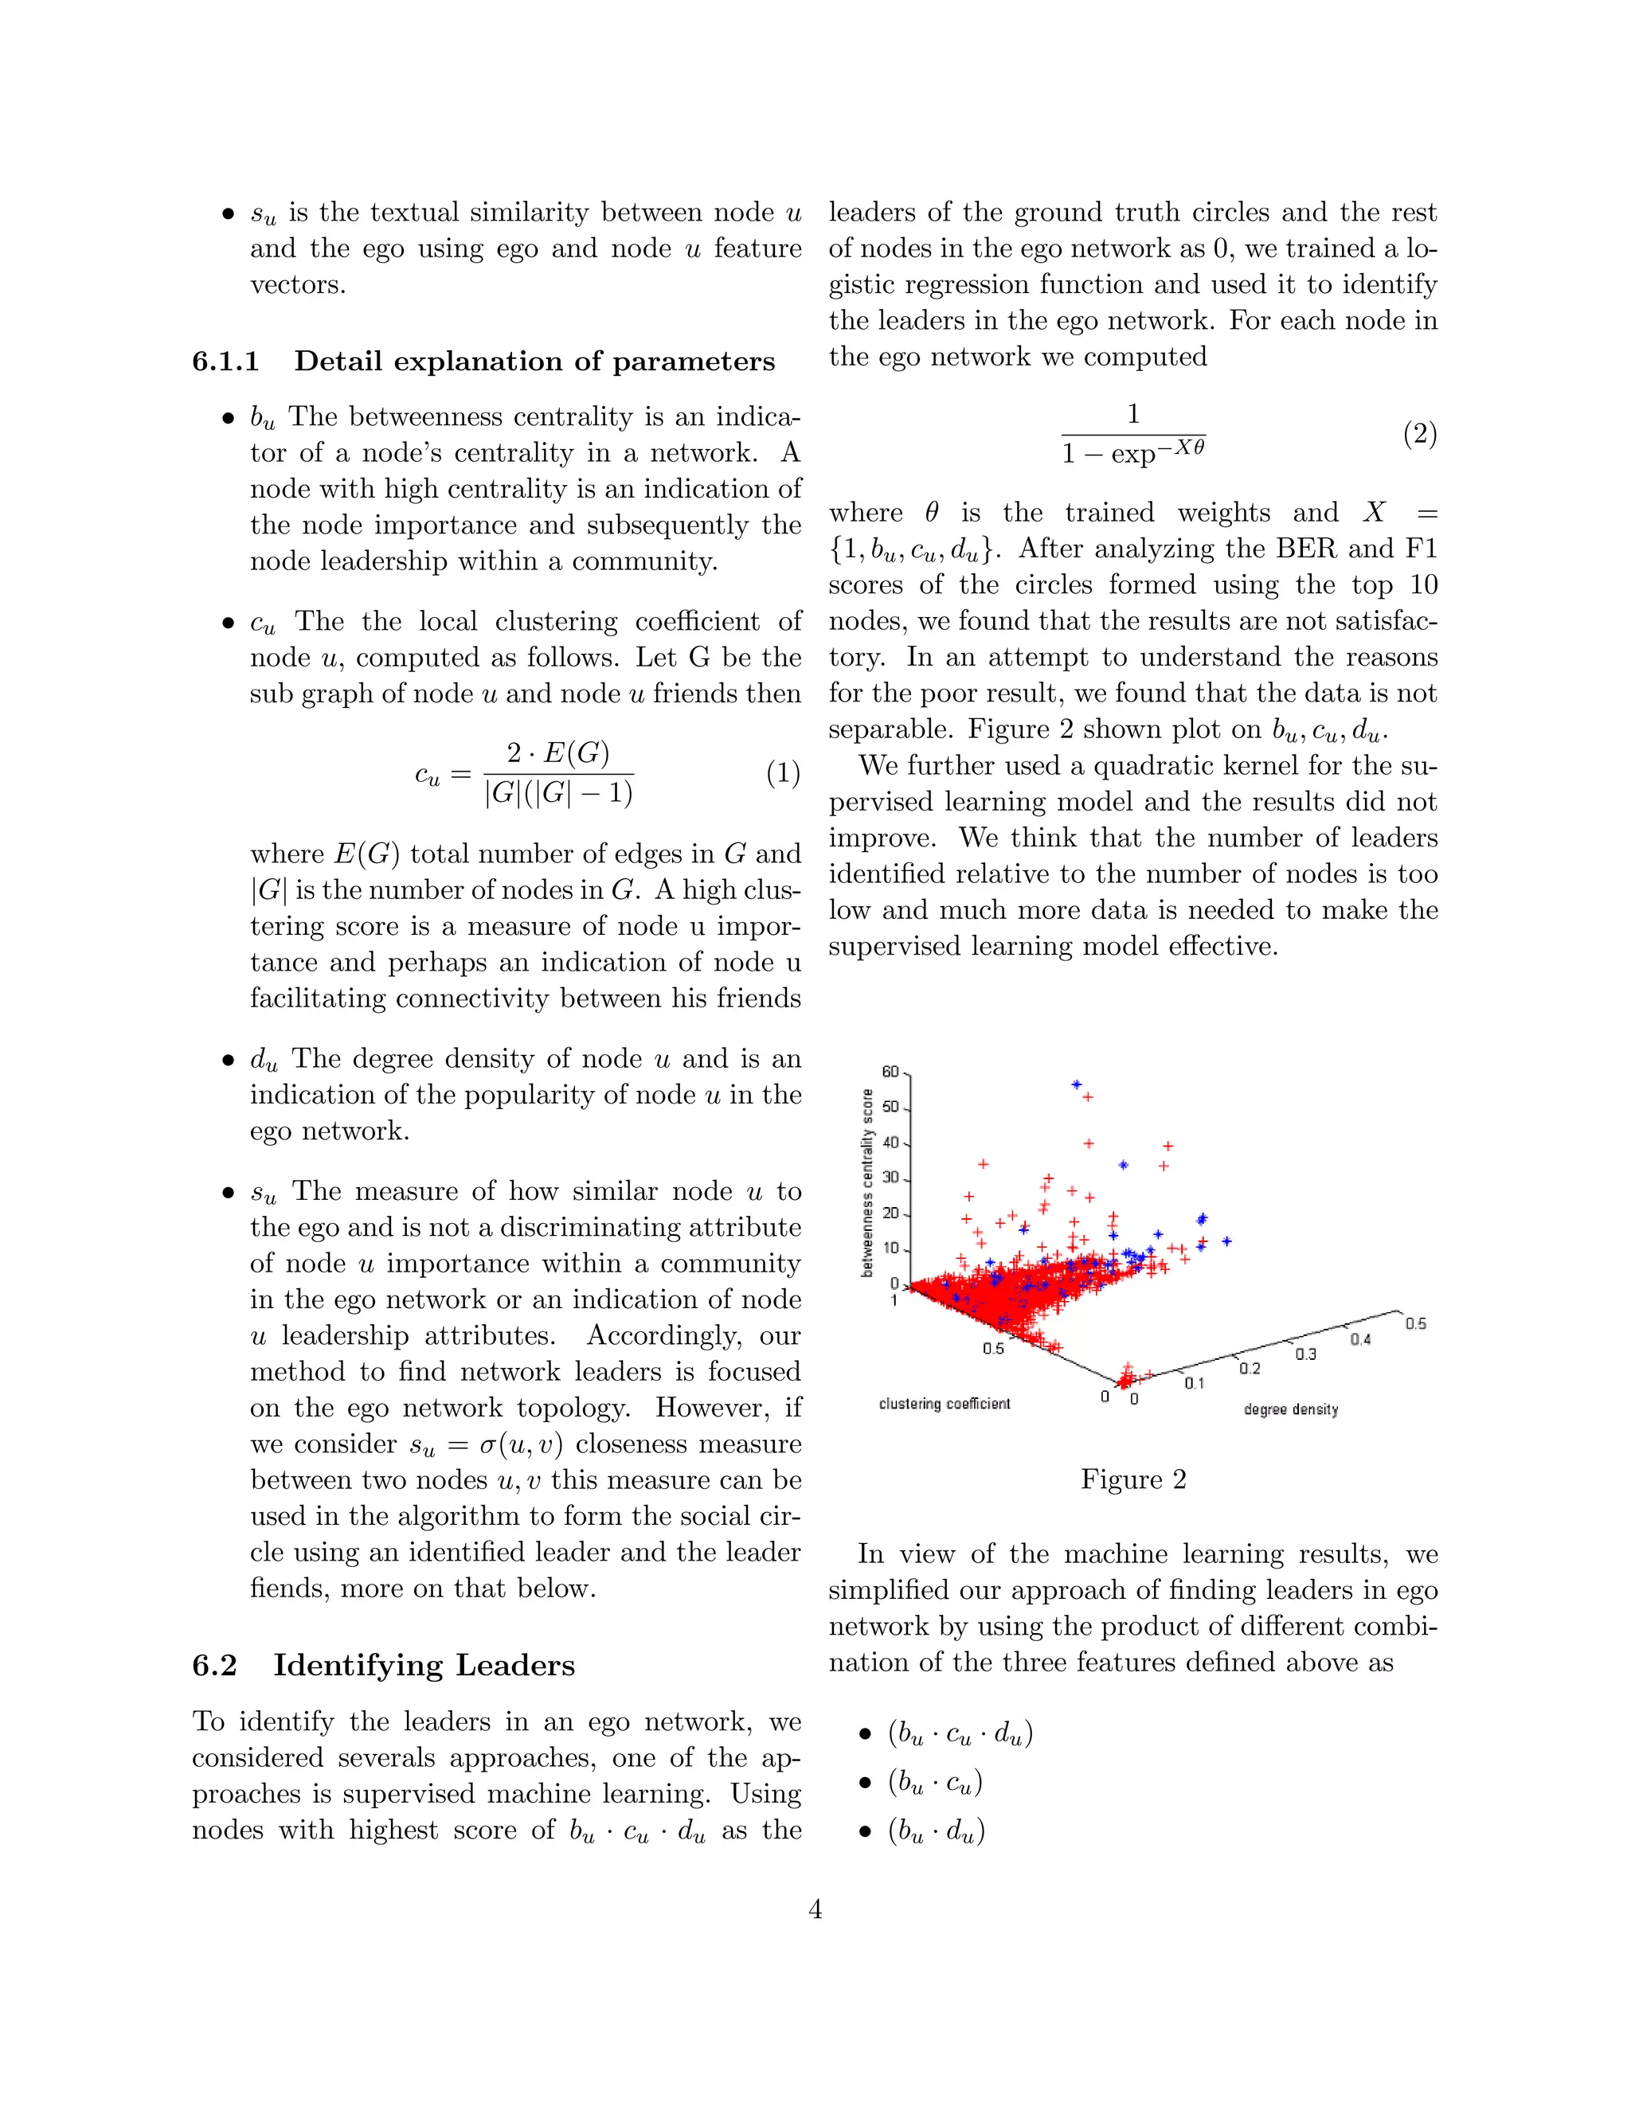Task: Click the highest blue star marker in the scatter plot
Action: point(1077,1084)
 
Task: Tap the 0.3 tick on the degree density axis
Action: point(1305,1354)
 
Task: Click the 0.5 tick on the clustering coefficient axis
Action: point(993,1349)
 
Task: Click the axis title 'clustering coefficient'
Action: point(944,1404)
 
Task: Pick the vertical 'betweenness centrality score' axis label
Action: point(868,1182)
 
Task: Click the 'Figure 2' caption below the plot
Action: point(1132,1479)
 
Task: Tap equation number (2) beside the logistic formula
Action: point(1419,434)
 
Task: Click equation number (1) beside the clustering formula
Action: point(783,773)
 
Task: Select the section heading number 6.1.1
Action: point(226,361)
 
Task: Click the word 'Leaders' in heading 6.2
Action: point(515,1665)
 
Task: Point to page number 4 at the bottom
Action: point(815,1909)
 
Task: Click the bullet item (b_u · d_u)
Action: point(935,1831)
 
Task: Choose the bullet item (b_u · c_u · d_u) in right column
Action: point(960,1734)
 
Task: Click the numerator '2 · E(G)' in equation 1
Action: point(557,752)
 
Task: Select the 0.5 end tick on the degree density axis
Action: point(1414,1323)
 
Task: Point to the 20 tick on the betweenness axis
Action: point(891,1213)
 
